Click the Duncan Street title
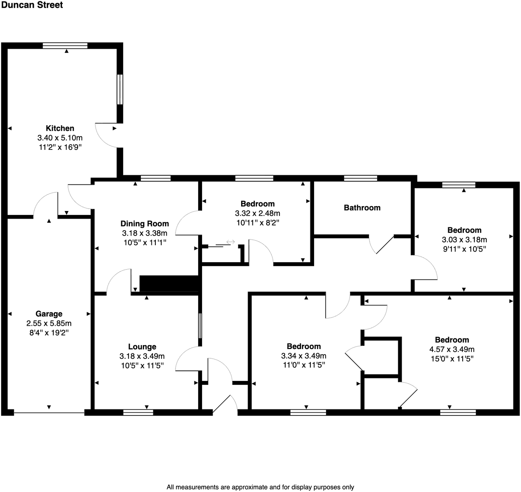[x=32, y=5]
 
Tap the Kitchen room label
[x=60, y=128]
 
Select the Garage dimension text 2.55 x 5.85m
[x=49, y=323]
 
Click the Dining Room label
[x=145, y=224]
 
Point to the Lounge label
[x=142, y=347]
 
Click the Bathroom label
[x=362, y=208]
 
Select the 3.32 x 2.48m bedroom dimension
[x=257, y=213]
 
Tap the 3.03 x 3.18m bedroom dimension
[x=464, y=240]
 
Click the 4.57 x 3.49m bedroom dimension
[x=452, y=349]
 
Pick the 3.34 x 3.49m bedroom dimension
[x=304, y=356]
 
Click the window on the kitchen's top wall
[x=65, y=45]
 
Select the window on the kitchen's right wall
[x=120, y=89]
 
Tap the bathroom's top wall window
[x=360, y=178]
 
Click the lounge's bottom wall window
[x=138, y=412]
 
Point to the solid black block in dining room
[x=170, y=283]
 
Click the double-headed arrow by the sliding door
[x=231, y=242]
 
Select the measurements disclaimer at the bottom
[x=260, y=487]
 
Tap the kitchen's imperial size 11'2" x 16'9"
[x=60, y=147]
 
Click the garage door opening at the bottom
[x=49, y=412]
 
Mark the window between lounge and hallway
[x=200, y=326]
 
